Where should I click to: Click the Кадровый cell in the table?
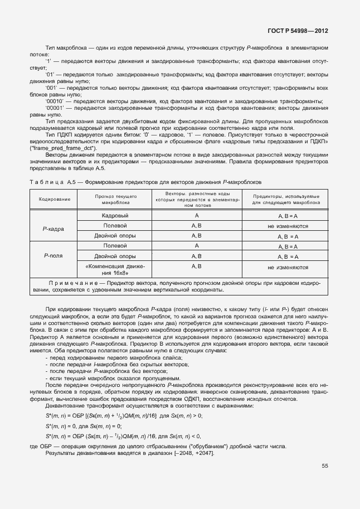tap(115, 215)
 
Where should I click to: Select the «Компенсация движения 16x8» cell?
tap(115, 270)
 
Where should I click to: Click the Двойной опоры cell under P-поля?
tap(115, 256)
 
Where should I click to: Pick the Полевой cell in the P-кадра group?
tap(115, 225)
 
